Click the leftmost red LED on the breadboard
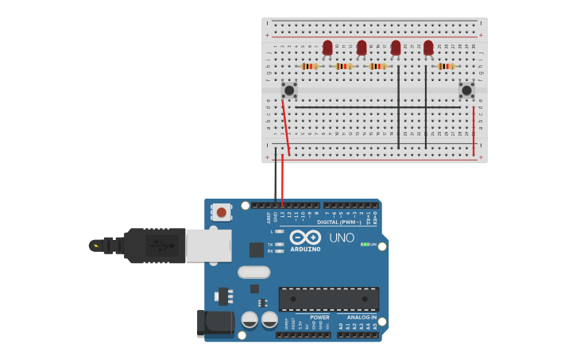click(327, 48)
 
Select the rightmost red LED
click(429, 48)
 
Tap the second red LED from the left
click(361, 48)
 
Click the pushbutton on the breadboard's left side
click(289, 91)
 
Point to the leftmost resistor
click(310, 66)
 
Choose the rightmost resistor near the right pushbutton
click(446, 66)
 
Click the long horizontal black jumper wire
click(373, 107)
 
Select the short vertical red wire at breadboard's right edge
click(474, 131)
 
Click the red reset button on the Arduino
click(221, 211)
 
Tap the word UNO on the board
click(342, 238)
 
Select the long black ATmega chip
click(329, 299)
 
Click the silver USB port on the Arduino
click(209, 246)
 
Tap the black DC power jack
click(215, 323)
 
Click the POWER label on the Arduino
click(319, 317)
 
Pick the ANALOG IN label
click(361, 317)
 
